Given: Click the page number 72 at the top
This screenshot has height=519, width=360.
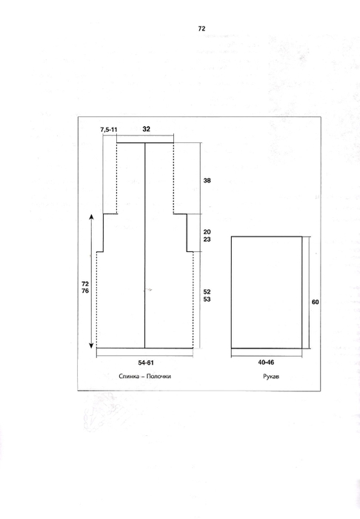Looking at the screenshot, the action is click(201, 29).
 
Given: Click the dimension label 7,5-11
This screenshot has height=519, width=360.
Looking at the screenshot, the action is click(109, 130).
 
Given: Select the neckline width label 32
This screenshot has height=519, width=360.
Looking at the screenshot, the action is click(146, 129).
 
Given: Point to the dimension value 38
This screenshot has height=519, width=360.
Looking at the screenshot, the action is click(207, 181).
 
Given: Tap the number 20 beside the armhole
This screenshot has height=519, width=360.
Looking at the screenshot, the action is click(207, 232).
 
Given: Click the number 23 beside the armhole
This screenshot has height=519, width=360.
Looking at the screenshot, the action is click(207, 239).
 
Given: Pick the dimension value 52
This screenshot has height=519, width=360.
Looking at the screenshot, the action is click(207, 292).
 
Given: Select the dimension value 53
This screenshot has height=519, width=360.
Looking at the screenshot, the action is click(207, 300).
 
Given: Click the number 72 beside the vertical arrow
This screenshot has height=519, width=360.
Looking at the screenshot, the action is click(85, 284).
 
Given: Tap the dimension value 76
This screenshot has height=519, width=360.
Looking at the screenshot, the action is click(85, 291).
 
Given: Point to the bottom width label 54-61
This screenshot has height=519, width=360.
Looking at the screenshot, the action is click(146, 363).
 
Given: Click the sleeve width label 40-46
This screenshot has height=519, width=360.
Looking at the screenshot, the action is click(266, 363).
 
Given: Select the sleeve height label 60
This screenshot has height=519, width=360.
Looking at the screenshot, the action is click(316, 303).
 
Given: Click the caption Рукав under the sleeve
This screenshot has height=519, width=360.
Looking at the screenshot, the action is click(271, 377).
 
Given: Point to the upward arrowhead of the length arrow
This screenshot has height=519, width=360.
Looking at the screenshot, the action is click(91, 216).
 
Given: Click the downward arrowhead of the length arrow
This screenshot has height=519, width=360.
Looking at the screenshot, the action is click(91, 346).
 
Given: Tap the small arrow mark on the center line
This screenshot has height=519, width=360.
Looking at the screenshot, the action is click(147, 290).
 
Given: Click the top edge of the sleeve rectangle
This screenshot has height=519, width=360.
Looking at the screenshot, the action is click(267, 237).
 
